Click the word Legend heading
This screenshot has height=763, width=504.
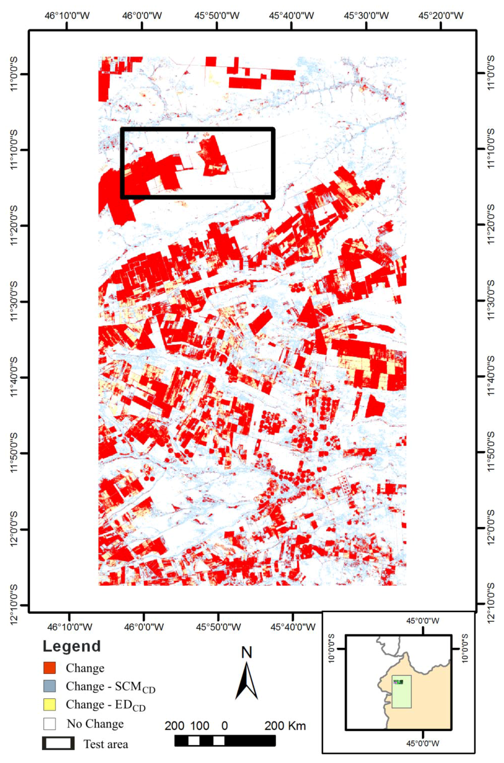(72, 646)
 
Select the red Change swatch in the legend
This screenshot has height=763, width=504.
(50, 667)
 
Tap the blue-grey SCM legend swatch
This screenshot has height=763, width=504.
(50, 686)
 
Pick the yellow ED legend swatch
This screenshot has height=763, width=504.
(50, 704)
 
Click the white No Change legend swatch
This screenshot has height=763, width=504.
(50, 723)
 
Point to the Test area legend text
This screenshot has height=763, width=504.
(105, 744)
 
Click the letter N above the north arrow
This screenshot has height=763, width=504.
(247, 653)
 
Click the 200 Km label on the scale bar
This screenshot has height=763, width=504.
(285, 726)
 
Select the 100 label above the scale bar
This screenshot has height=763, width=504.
(199, 726)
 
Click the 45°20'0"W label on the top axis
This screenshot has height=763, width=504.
(441, 16)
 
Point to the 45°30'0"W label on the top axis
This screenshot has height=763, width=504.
(366, 16)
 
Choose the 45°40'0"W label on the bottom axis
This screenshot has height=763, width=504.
(293, 627)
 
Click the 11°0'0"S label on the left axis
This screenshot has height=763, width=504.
(14, 74)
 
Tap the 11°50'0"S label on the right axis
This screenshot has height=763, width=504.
(491, 452)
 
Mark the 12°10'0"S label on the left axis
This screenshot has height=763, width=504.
(14, 604)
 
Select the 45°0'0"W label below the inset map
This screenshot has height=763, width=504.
(423, 743)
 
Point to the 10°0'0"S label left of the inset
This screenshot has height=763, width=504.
(331, 648)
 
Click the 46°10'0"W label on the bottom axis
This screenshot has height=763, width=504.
(69, 627)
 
